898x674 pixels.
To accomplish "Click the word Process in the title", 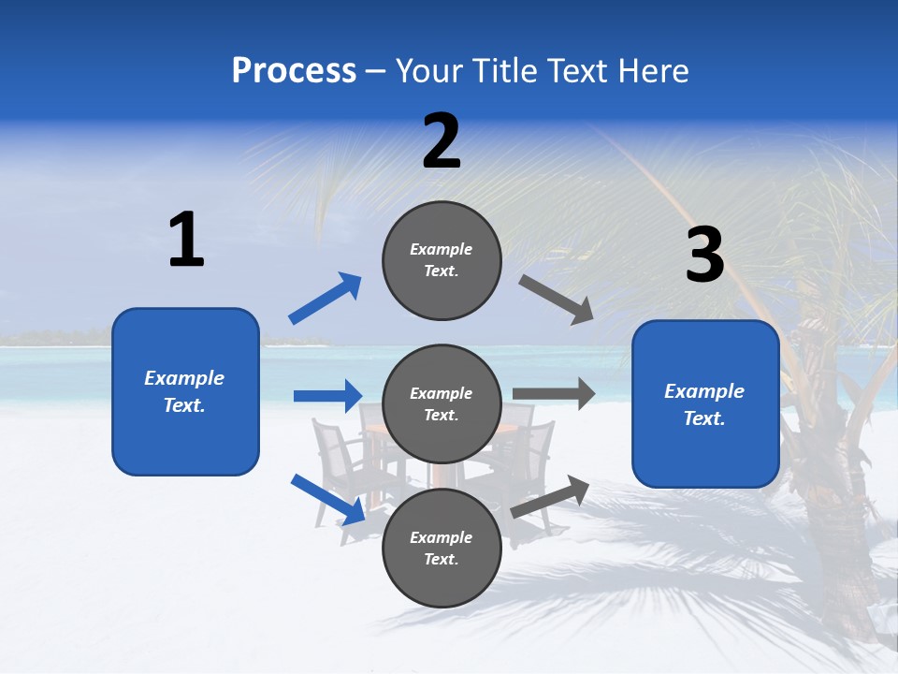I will click(294, 71).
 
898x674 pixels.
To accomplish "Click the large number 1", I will click(186, 241).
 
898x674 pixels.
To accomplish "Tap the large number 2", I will click(442, 141).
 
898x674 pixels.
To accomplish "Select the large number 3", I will click(704, 255).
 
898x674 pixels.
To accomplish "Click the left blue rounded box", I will click(185, 391).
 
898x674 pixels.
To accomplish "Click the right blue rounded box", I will click(705, 404).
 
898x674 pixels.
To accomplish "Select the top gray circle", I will click(442, 260).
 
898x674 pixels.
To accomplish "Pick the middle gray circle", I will click(442, 404).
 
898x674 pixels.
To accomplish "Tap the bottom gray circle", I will click(442, 549).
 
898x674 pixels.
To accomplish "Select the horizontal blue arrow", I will click(327, 396).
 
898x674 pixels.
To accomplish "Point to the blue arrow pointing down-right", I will click(327, 500).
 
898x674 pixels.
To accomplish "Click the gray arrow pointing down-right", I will click(557, 299).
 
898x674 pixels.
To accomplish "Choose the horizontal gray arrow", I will click(554, 394).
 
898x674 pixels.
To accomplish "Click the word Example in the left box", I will click(184, 378).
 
